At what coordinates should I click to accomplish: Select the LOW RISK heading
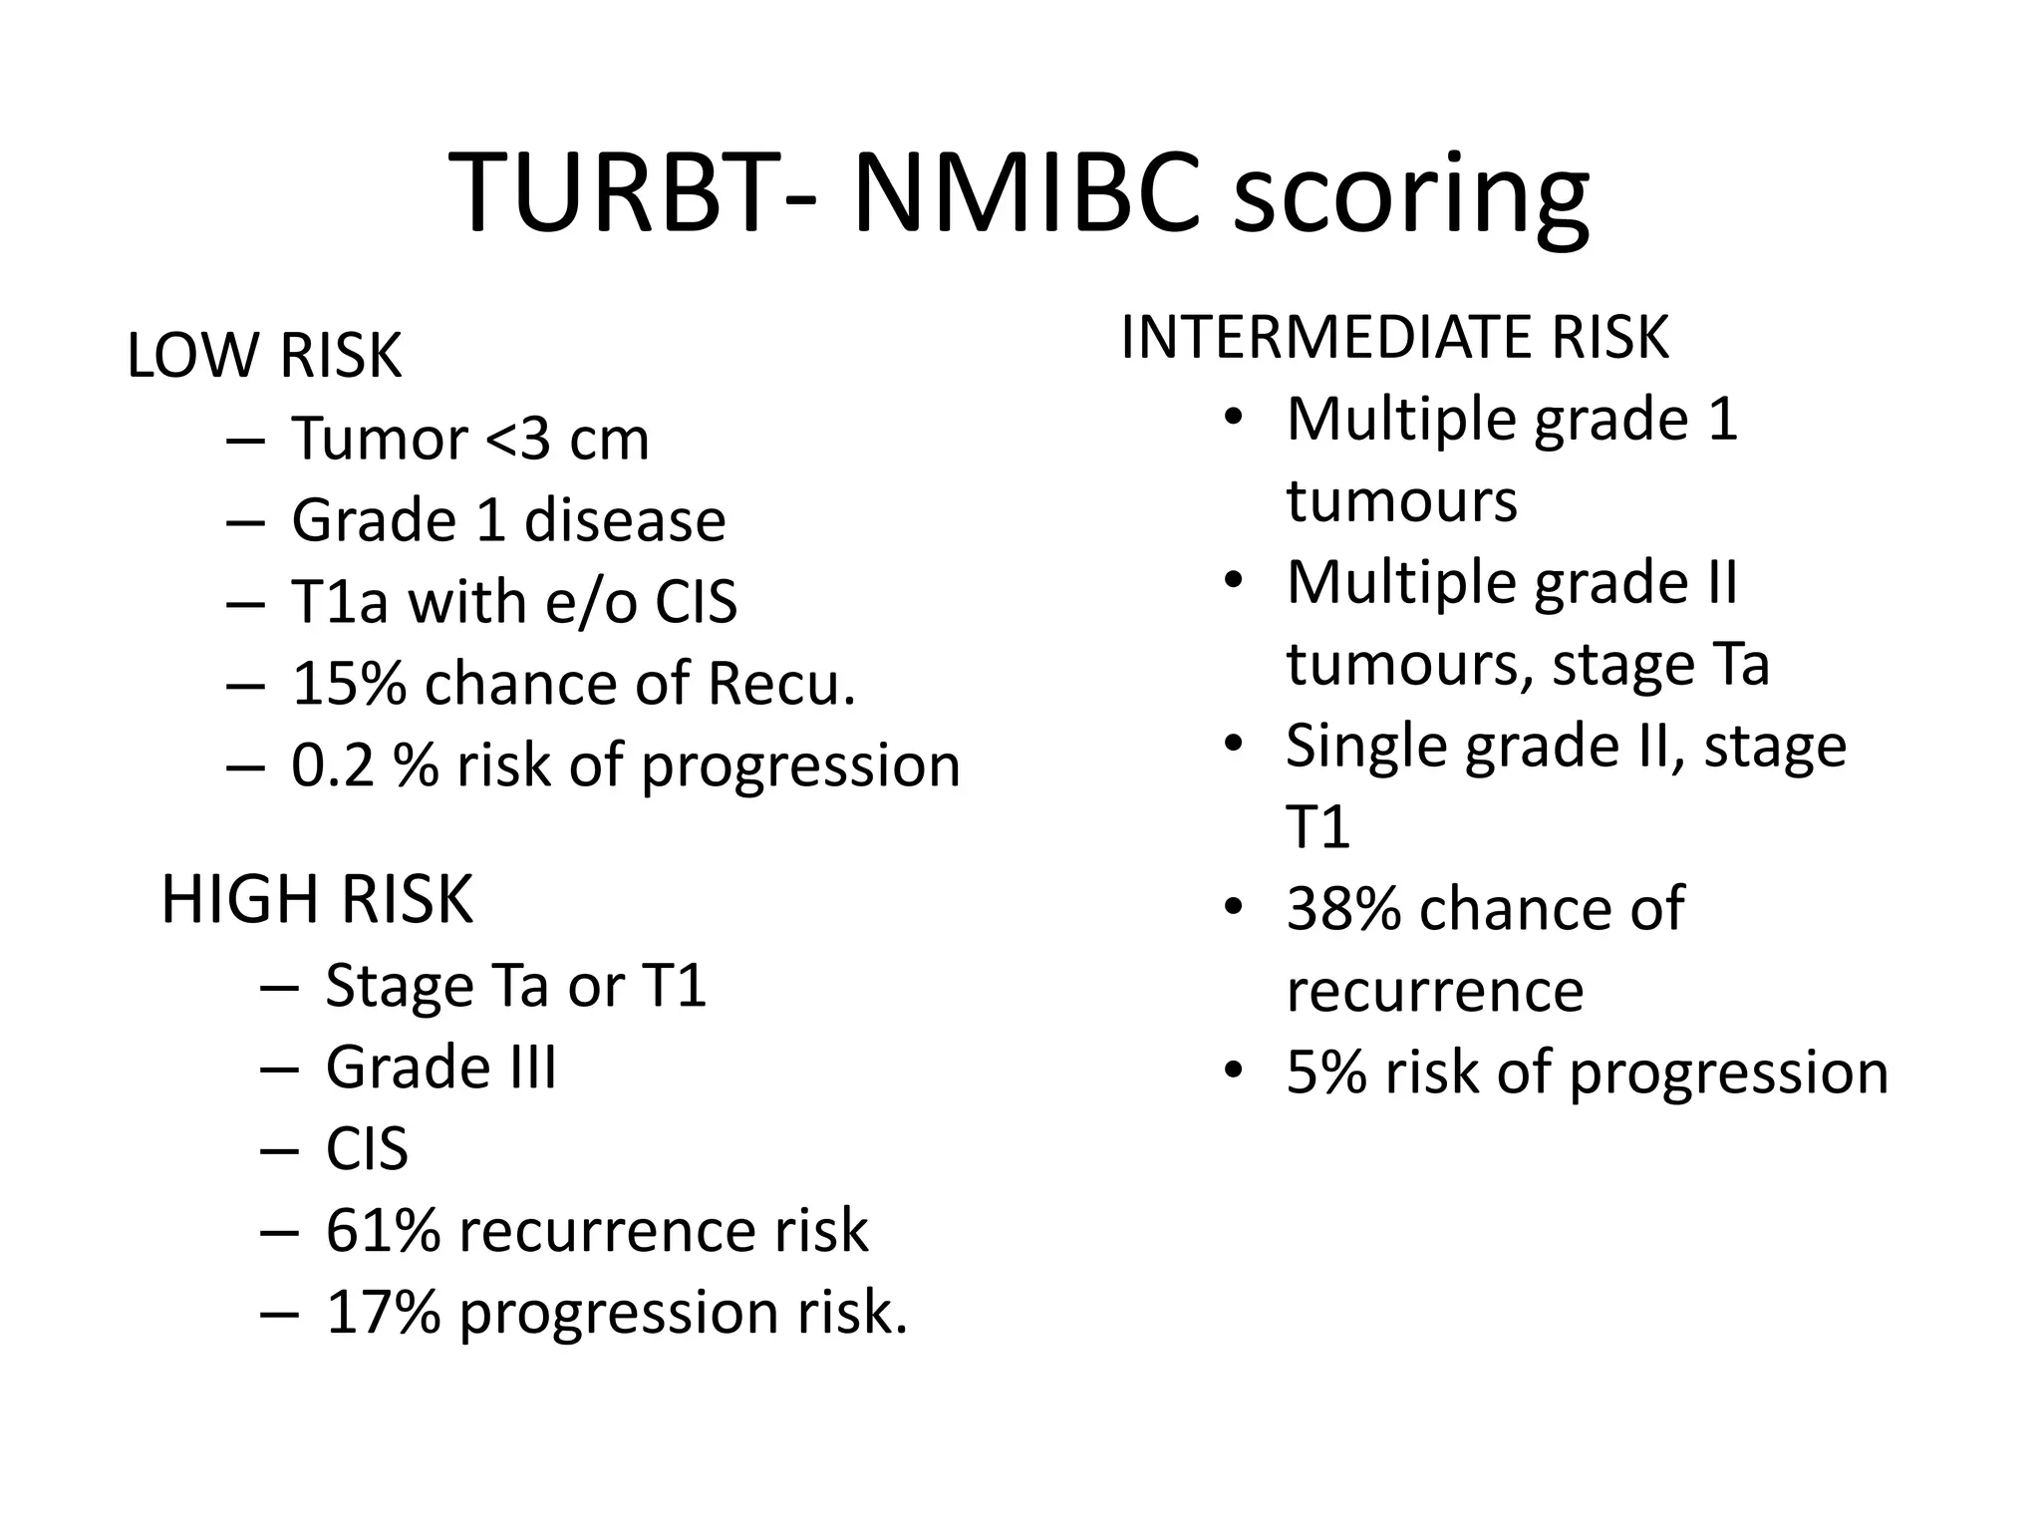click(x=264, y=355)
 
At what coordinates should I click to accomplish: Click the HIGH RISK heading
click(x=317, y=899)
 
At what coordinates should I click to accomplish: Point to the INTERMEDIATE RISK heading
click(x=1394, y=337)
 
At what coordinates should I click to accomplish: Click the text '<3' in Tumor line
click(x=517, y=439)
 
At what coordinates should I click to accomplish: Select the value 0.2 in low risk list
click(x=332, y=765)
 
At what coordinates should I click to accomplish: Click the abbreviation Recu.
click(x=781, y=684)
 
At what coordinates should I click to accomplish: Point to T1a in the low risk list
click(x=339, y=602)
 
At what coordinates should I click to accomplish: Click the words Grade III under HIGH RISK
click(x=440, y=1067)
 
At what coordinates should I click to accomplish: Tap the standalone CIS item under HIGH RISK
click(x=367, y=1148)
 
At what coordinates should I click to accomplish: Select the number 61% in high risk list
click(x=383, y=1230)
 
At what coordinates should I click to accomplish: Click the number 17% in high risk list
click(x=383, y=1312)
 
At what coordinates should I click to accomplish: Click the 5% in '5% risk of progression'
click(x=1325, y=1072)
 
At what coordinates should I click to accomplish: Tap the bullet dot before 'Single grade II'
click(x=1234, y=744)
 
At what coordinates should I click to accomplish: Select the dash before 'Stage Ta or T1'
click(x=279, y=987)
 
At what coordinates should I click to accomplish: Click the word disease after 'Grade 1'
click(x=625, y=520)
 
